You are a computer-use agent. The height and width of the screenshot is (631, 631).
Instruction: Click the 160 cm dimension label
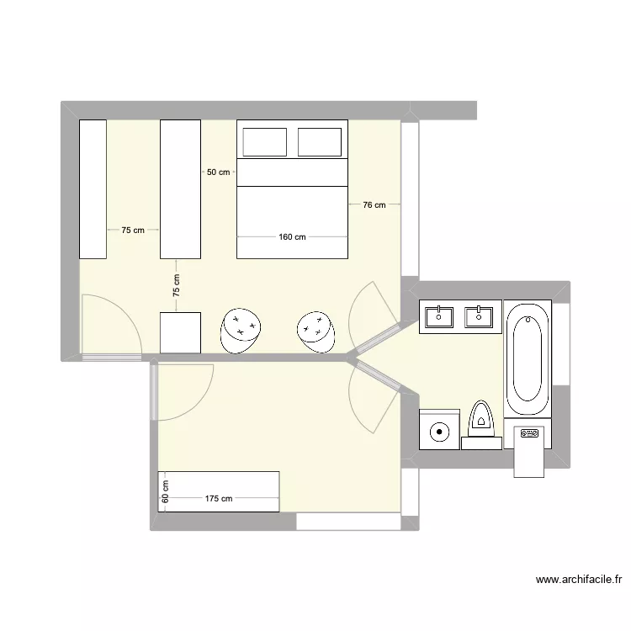[x=291, y=237]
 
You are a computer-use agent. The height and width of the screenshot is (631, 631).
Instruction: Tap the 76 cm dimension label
[x=374, y=204]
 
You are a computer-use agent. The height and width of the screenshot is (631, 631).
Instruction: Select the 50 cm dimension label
[x=218, y=172]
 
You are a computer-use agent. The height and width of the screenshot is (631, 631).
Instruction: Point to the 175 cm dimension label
[x=219, y=499]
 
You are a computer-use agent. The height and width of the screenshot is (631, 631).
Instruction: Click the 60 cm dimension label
[x=166, y=491]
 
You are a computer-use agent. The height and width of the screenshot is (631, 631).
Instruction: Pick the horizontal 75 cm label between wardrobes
[x=133, y=230]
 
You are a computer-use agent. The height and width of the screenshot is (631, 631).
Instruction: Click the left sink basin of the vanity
[x=439, y=316]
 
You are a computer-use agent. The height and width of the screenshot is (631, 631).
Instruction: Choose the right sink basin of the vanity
[x=479, y=316]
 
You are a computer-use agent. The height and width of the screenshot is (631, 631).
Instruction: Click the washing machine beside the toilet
[x=439, y=430]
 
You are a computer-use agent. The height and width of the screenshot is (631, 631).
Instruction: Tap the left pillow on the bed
[x=265, y=142]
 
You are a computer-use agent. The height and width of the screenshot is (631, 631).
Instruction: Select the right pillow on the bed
[x=319, y=142]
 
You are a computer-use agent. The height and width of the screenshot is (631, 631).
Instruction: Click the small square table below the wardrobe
[x=180, y=332]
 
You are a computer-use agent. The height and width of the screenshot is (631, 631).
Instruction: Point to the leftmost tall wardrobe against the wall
[x=93, y=188]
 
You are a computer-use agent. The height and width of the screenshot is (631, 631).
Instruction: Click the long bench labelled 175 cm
[x=218, y=491]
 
